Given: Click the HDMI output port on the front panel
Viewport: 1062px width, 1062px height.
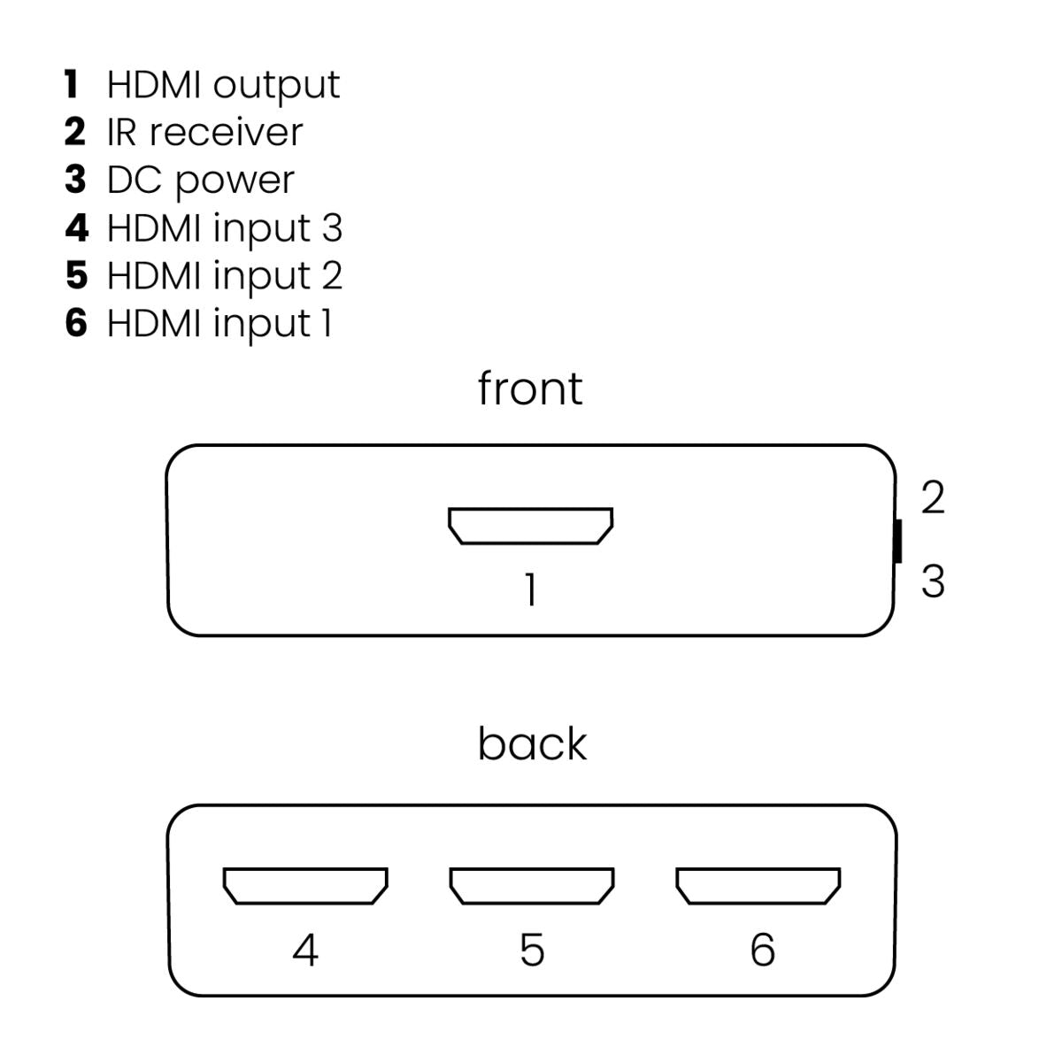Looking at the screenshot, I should coord(530,526).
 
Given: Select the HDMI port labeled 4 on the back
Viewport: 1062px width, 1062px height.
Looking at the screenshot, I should coord(305,886).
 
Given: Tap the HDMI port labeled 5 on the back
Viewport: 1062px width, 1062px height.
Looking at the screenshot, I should coord(531,886).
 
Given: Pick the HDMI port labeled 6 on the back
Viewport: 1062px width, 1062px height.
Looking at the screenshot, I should coord(758,886).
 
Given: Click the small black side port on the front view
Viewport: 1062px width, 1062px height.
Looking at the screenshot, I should coord(897,541).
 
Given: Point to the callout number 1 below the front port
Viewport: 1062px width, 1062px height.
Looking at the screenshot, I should coord(530,590).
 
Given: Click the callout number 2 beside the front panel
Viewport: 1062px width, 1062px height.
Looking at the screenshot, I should coord(933,498).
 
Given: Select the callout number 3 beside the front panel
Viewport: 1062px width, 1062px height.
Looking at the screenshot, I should coord(933,581).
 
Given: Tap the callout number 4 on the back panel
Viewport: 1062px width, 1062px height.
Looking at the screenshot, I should coord(305,950).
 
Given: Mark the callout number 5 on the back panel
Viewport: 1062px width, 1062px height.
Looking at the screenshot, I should coord(531,950).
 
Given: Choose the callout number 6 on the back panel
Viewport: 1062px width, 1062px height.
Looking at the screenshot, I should coord(762,950).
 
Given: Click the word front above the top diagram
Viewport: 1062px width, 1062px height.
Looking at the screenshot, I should coord(530,388).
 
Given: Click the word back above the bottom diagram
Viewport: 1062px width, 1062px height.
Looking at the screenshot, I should coord(532,743).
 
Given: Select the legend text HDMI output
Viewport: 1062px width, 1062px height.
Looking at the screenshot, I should coord(223,85).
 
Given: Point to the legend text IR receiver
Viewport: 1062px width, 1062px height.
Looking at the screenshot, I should coord(204,133).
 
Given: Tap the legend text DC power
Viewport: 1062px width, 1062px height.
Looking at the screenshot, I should coord(200,181).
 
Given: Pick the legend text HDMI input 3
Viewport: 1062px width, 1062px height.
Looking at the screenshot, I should coord(224,228).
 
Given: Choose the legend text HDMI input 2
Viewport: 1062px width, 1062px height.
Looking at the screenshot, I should coord(224,276).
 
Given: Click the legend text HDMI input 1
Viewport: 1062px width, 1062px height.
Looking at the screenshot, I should coord(219,324).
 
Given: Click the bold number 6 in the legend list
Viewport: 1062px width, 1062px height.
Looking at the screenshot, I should coord(76,323).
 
